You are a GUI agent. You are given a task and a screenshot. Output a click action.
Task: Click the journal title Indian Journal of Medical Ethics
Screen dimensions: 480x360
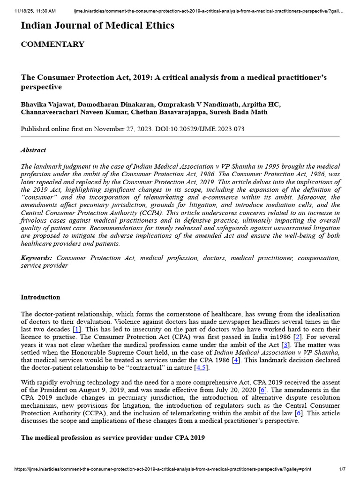[x=97, y=25]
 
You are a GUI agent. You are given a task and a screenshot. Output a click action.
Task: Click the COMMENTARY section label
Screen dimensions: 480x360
[x=52, y=45]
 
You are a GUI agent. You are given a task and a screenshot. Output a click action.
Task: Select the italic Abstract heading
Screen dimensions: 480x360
[x=33, y=150]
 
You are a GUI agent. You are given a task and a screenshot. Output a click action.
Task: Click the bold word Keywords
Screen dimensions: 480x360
[x=37, y=258]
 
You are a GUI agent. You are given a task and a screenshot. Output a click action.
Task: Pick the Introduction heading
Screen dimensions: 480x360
[x=40, y=297]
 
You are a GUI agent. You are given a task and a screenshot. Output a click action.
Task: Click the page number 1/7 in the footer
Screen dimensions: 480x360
[x=342, y=469]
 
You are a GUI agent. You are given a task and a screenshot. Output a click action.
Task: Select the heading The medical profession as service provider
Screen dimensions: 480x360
[x=112, y=438]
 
